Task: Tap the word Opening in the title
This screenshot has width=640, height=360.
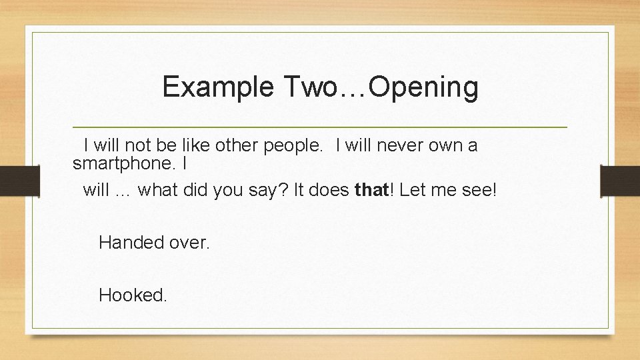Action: (423, 87)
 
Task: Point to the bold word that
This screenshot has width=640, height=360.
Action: (371, 190)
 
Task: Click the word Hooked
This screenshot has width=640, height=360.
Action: (133, 295)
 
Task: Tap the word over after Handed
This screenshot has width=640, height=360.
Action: (189, 243)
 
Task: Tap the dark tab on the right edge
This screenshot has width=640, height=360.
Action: (620, 180)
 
